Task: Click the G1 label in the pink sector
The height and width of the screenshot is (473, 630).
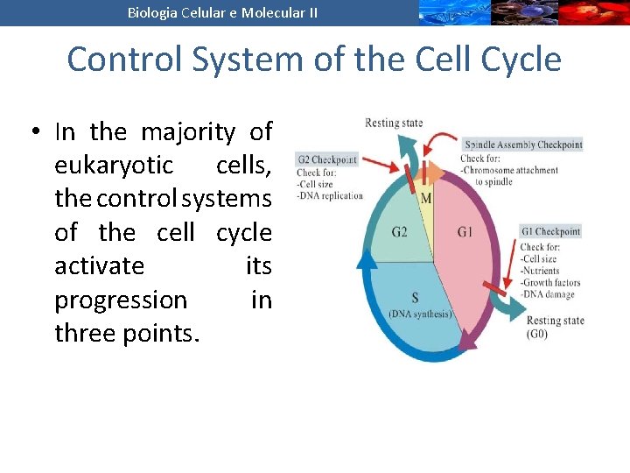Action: (x=465, y=232)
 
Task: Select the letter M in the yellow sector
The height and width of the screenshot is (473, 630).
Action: (x=426, y=198)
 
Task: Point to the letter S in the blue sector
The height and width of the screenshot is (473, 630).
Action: (x=415, y=298)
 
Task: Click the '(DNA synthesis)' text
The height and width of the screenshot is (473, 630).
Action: (x=420, y=314)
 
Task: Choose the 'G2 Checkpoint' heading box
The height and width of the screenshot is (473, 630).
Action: (x=326, y=159)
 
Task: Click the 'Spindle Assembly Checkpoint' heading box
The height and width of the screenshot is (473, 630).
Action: (x=522, y=145)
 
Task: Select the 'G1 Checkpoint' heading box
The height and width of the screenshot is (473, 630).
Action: (x=549, y=231)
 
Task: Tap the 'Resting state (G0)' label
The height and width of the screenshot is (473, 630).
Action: (x=555, y=328)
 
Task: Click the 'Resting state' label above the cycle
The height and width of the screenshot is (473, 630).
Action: (x=394, y=123)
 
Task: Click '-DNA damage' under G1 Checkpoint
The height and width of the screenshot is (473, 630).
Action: (x=549, y=295)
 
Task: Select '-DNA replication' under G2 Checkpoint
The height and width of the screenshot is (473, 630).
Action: (x=330, y=195)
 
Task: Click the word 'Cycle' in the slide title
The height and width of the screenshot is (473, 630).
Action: (x=517, y=60)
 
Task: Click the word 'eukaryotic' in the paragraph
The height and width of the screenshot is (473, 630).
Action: (x=114, y=166)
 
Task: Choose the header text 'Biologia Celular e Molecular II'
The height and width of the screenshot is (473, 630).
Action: (x=222, y=12)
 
